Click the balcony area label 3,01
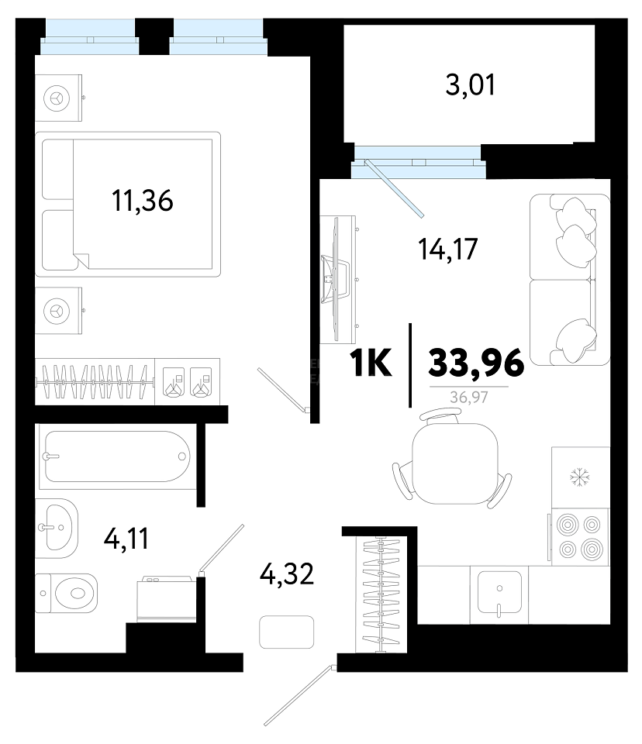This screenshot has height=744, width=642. tap(470, 85)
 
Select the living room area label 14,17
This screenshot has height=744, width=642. tap(448, 250)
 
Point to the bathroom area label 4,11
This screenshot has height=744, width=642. tap(126, 539)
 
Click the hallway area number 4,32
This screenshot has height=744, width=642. tap(287, 573)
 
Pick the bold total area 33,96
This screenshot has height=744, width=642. tap(476, 363)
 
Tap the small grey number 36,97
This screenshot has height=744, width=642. tap(469, 397)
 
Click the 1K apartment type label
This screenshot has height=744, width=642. tap(371, 363)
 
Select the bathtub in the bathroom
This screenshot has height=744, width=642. tap(118, 456)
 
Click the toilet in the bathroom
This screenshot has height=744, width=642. tap(67, 593)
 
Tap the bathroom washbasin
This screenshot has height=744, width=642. tap(57, 528)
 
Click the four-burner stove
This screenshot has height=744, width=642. tap(580, 536)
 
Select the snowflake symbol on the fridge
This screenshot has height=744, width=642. tap(580, 477)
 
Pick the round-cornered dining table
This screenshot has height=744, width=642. tap(455, 463)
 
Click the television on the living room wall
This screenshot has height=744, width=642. tap(336, 279)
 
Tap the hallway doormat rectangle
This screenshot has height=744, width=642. tap(286, 632)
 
